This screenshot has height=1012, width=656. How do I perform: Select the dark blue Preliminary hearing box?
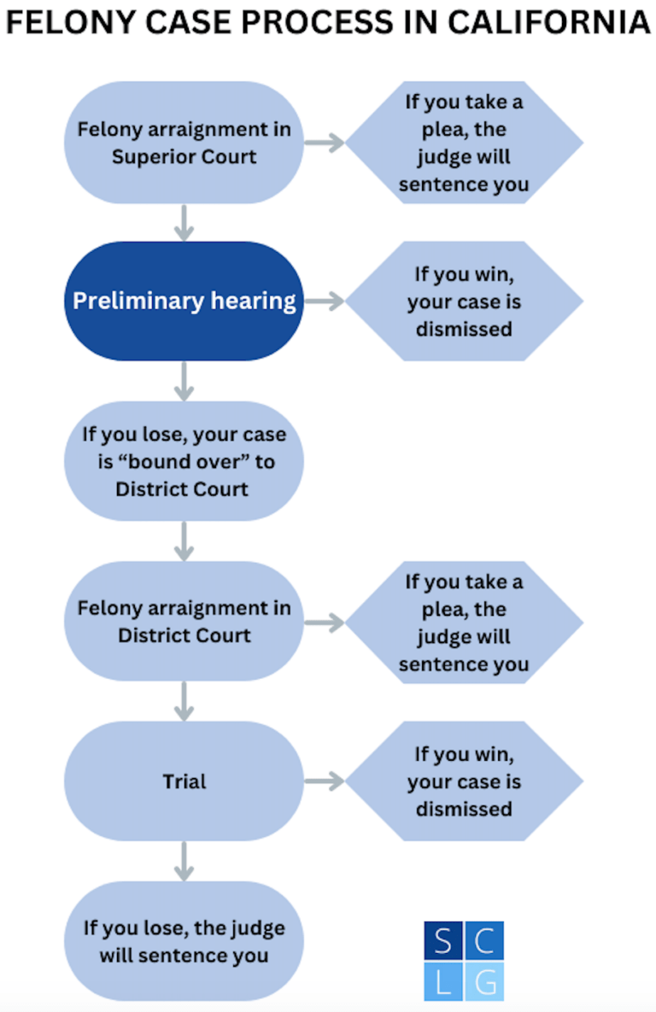pyautogui.click(x=184, y=301)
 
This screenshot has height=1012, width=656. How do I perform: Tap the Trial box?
pyautogui.click(x=184, y=781)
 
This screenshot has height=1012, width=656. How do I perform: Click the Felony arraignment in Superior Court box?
pyautogui.click(x=184, y=142)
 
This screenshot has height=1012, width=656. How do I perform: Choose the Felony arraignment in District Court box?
pyautogui.click(x=184, y=621)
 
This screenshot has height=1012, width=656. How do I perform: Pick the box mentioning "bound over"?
pyautogui.click(x=184, y=461)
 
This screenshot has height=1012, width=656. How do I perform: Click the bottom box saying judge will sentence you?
pyautogui.click(x=184, y=941)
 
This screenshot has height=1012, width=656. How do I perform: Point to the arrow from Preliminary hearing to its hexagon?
pyautogui.click(x=325, y=301)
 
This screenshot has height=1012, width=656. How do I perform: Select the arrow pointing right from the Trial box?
pyautogui.click(x=325, y=781)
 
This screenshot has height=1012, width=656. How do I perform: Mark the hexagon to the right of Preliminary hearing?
pyautogui.click(x=464, y=301)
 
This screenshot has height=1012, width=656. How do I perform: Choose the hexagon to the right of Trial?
pyautogui.click(x=464, y=781)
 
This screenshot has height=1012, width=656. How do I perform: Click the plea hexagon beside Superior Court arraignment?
pyautogui.click(x=464, y=142)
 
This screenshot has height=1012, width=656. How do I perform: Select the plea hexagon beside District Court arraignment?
pyautogui.click(x=464, y=621)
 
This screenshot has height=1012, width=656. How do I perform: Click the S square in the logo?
pyautogui.click(x=443, y=940)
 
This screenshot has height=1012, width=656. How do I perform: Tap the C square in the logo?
pyautogui.click(x=484, y=940)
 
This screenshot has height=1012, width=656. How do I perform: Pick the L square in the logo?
pyautogui.click(x=443, y=981)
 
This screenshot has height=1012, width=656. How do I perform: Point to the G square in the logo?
pyautogui.click(x=484, y=981)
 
